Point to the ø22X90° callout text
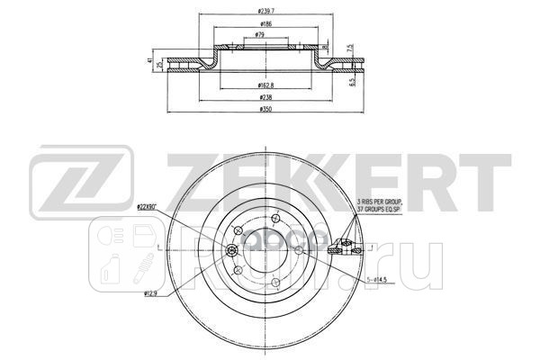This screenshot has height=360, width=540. (x=148, y=208)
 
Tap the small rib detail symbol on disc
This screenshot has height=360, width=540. (x=344, y=245)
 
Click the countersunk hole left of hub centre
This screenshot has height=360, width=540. (x=232, y=248)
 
